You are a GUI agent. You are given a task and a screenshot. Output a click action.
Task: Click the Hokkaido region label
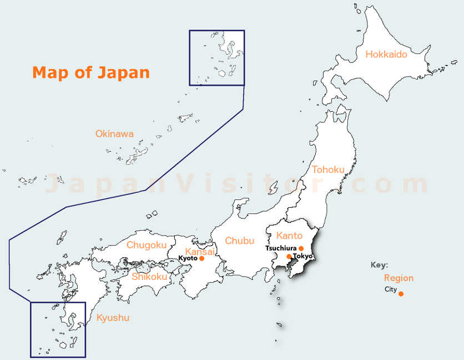pos(386,54)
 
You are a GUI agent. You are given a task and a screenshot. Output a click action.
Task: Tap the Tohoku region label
pos(328,169)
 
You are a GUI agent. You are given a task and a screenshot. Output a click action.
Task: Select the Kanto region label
pos(289,236)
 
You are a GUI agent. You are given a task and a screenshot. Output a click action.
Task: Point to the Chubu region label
pos(240,241)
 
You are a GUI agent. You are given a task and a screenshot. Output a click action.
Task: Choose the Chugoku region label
pos(147,245)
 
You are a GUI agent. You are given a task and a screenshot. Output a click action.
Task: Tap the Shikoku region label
pos(149,276)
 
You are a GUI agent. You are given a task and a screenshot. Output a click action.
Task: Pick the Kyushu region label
pos(113,318)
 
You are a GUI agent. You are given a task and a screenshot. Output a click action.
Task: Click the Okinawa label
pos(114,134)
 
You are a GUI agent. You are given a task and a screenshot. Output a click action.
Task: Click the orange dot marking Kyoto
pos(201,258)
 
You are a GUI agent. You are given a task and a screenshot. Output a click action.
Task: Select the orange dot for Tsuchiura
pos(301,248)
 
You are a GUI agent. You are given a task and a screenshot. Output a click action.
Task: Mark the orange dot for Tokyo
pos(289,257)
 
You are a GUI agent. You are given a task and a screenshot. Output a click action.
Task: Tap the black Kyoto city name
pos(188,258)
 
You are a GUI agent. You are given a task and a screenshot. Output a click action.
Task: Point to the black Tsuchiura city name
pos(281,248)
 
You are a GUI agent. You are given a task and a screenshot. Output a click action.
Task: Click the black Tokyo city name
pos(303,256)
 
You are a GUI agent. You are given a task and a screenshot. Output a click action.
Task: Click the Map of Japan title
pos(91,72)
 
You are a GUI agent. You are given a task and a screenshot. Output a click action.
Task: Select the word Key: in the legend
pos(380,265)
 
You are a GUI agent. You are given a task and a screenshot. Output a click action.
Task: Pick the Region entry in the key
pos(399,278)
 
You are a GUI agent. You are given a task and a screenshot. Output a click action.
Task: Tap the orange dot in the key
pos(401,294)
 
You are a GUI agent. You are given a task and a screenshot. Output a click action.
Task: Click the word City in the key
pos(391,289)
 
